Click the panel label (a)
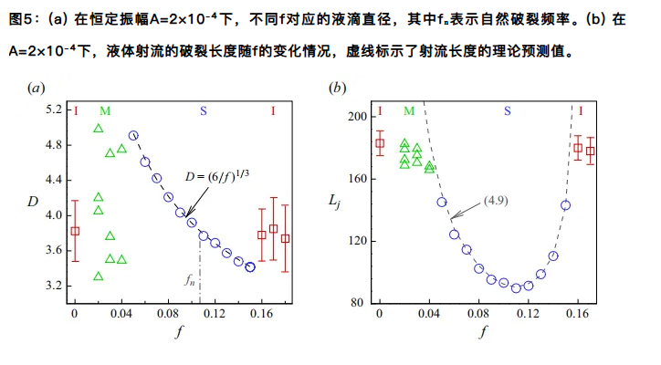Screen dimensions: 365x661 click(x=37, y=89)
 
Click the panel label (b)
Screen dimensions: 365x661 click(x=338, y=89)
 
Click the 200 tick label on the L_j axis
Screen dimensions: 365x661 click(x=357, y=117)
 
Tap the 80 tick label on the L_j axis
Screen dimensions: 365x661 click(x=360, y=303)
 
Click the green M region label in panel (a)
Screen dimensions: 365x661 click(x=105, y=111)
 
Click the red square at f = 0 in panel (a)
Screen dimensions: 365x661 click(x=76, y=231)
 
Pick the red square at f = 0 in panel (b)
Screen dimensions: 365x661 click(x=381, y=143)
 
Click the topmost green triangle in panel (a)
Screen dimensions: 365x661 click(x=99, y=129)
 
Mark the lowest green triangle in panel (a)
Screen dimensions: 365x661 click(x=99, y=276)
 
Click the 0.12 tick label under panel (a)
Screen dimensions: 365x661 click(x=215, y=313)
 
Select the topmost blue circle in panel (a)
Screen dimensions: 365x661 click(x=133, y=136)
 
